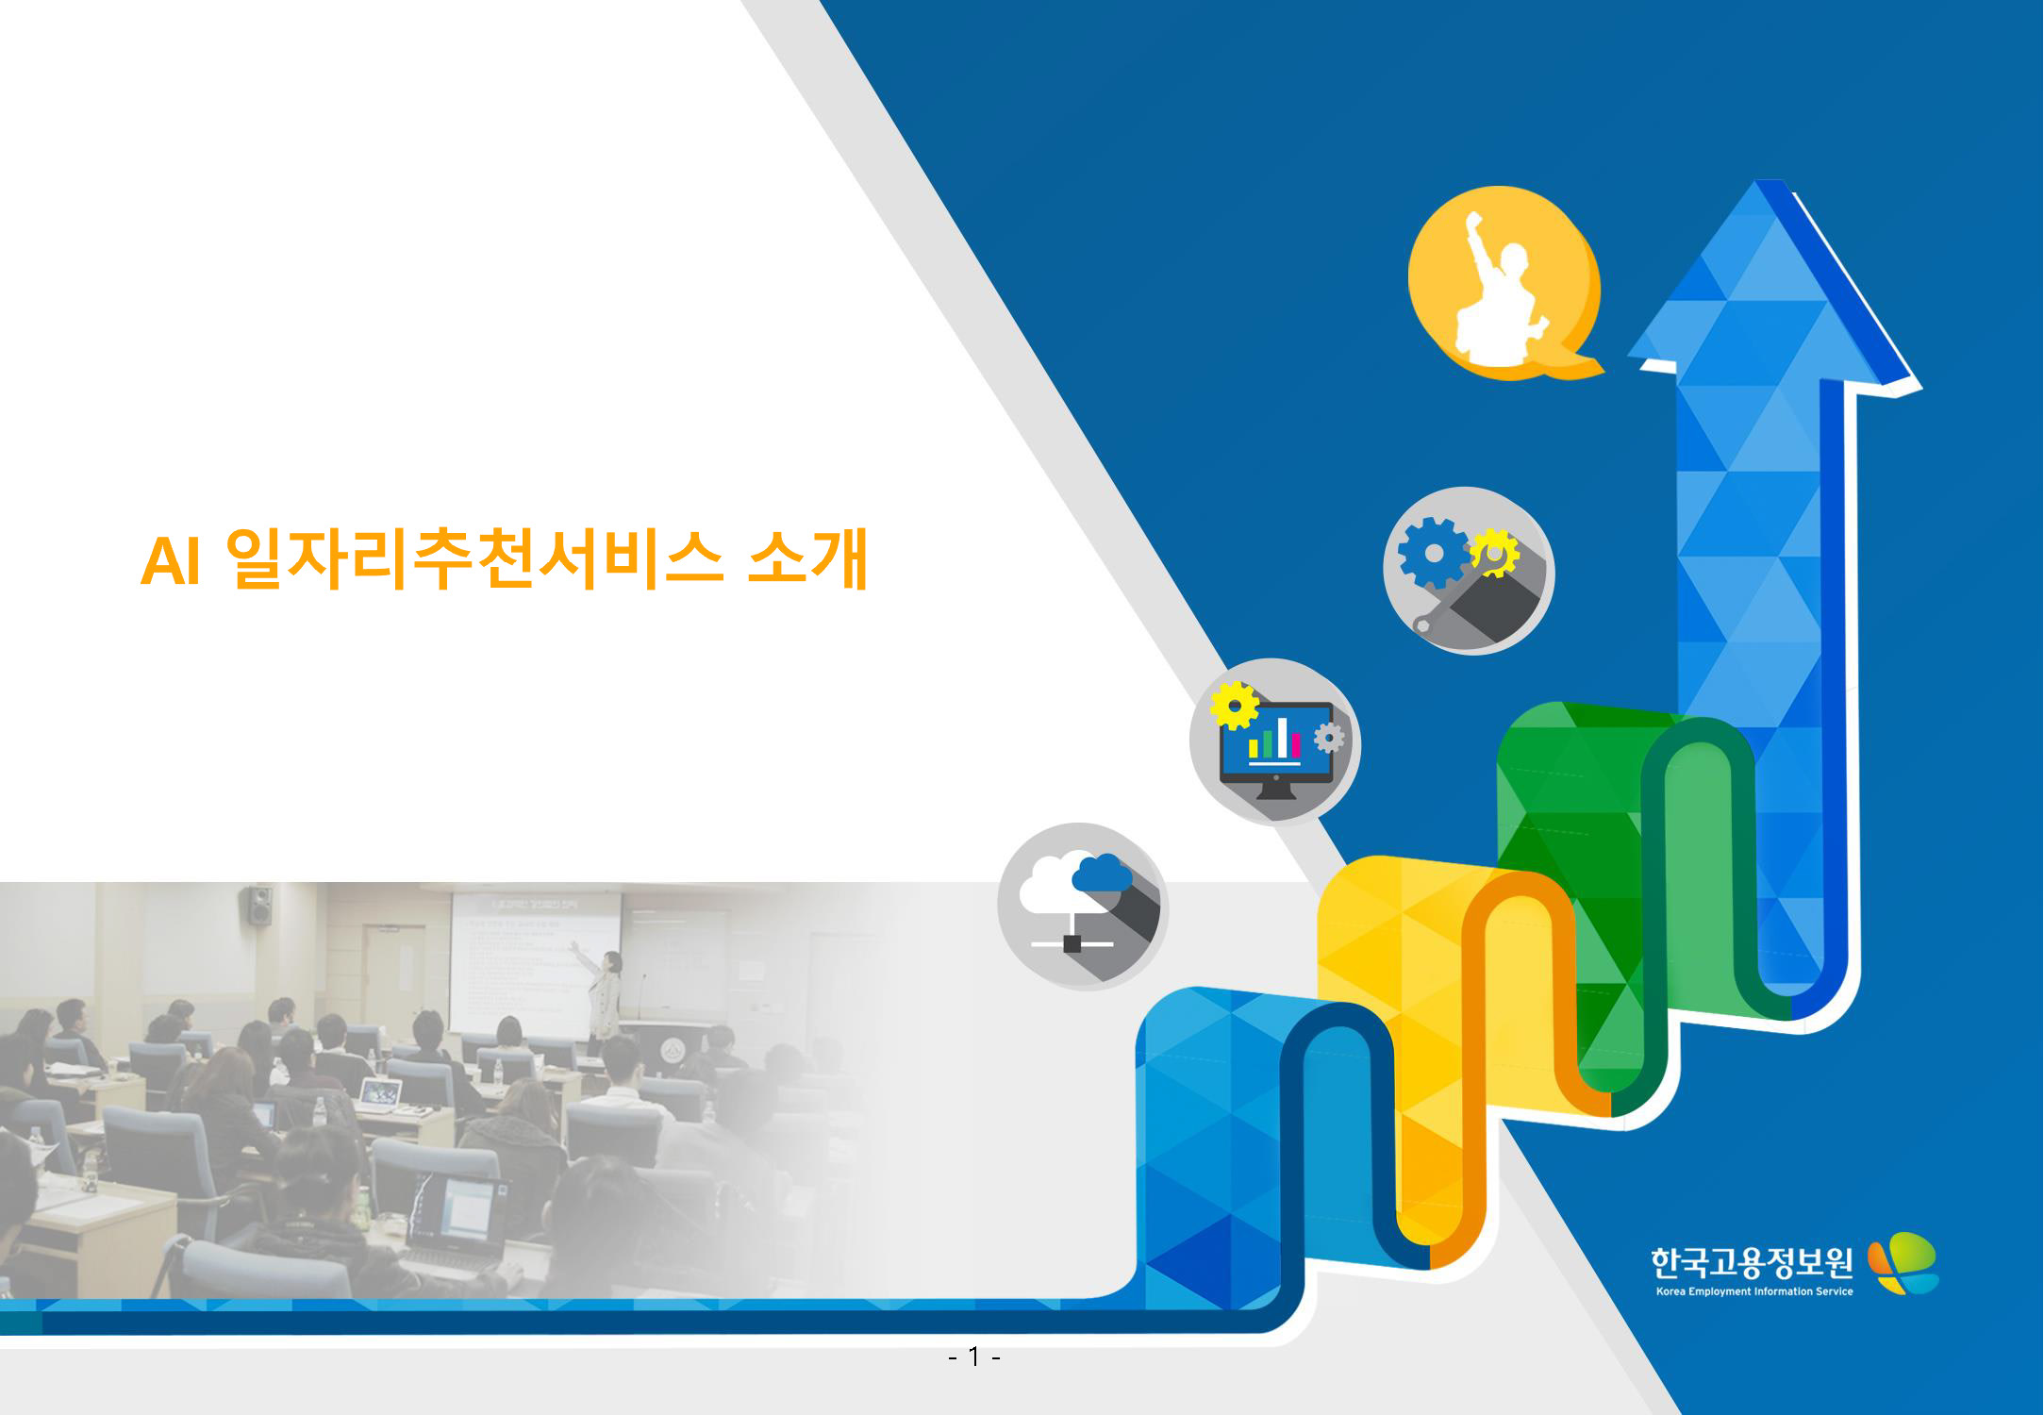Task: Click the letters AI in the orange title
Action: [171, 561]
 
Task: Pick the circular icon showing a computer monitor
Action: [1274, 741]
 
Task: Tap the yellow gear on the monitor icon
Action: [1234, 706]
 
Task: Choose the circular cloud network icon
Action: [1083, 907]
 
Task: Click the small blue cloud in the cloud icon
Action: [1102, 873]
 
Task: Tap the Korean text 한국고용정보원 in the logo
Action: [1752, 1262]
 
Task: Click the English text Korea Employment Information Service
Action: [1754, 1291]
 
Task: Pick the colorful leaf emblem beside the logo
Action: [1903, 1263]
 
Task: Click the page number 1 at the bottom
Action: [973, 1357]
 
